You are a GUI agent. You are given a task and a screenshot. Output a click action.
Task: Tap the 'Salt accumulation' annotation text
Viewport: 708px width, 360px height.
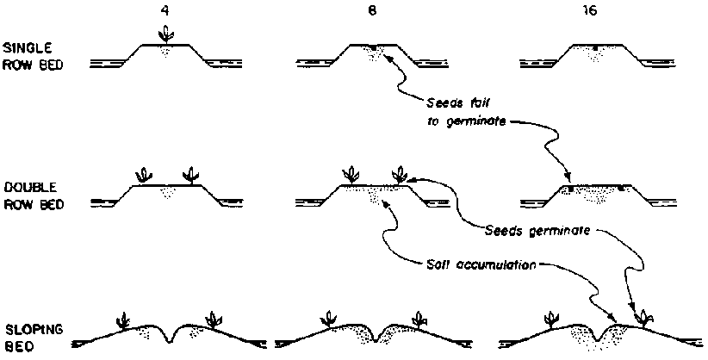click(478, 263)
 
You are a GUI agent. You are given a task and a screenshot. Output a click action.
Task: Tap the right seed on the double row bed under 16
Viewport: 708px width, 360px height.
click(621, 186)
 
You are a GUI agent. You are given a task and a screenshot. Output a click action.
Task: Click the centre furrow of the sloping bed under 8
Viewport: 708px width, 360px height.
click(370, 338)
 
